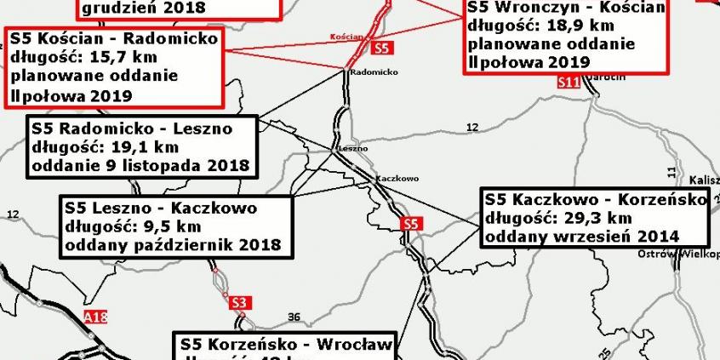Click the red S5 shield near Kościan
click(x=382, y=49)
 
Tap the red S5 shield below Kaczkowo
click(x=411, y=224)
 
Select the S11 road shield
click(x=569, y=83)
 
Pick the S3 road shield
click(x=239, y=301)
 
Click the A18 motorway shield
click(x=97, y=317)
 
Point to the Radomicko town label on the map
click(x=374, y=72)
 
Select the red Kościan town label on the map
click(x=346, y=37)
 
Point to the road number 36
click(x=294, y=317)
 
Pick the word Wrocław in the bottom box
click(x=353, y=345)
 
